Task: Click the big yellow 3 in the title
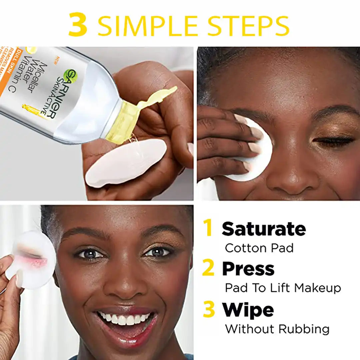(x=78, y=25)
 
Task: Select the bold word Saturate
(x=264, y=229)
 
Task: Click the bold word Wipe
(x=248, y=310)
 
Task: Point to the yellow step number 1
(x=208, y=228)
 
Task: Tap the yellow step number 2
(x=208, y=269)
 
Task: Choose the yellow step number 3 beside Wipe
(x=209, y=310)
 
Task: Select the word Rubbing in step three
(x=304, y=329)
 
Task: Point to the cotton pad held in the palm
(x=126, y=163)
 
